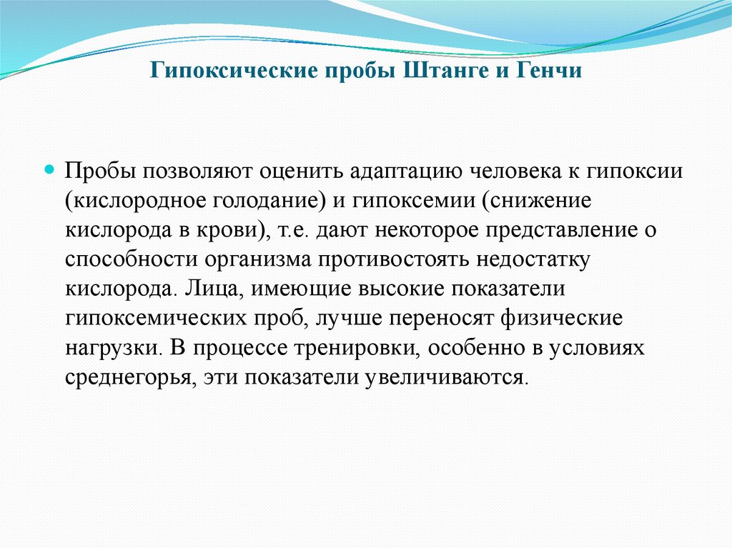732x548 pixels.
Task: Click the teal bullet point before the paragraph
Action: [x=49, y=172]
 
